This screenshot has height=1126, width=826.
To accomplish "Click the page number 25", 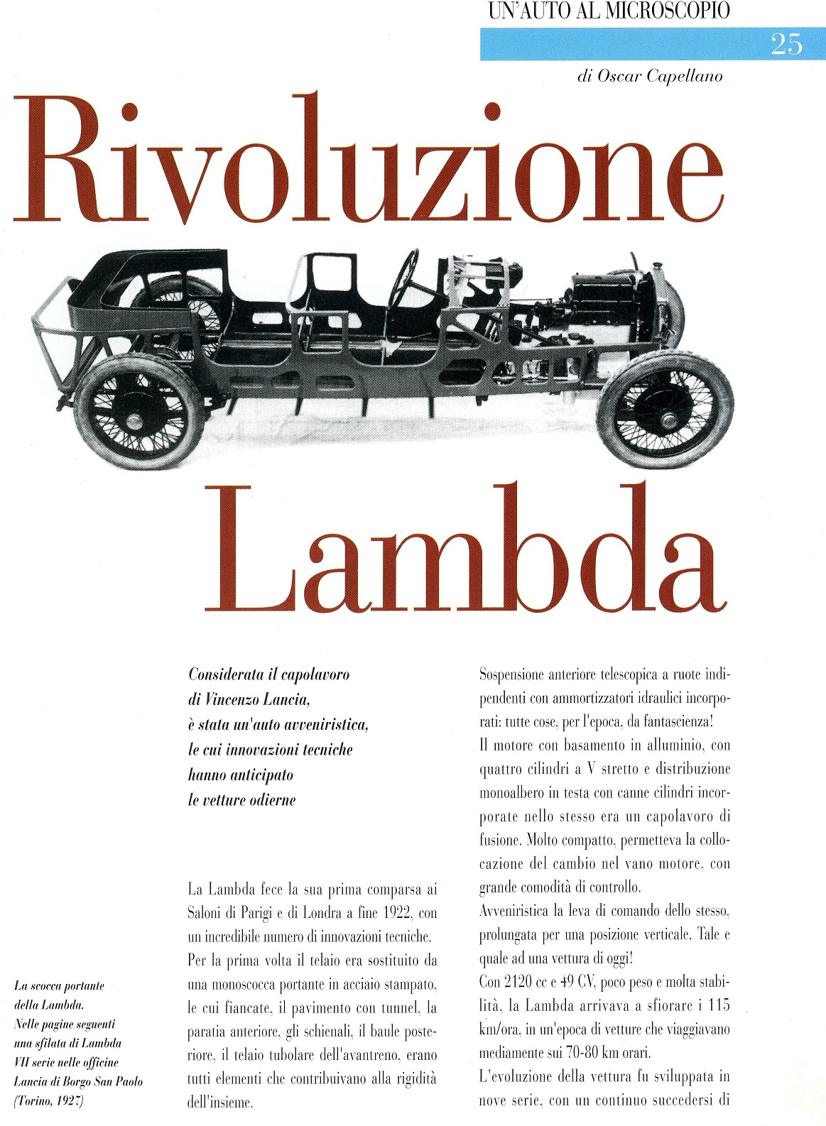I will click(786, 45).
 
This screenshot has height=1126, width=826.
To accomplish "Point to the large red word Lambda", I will click(465, 550).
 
